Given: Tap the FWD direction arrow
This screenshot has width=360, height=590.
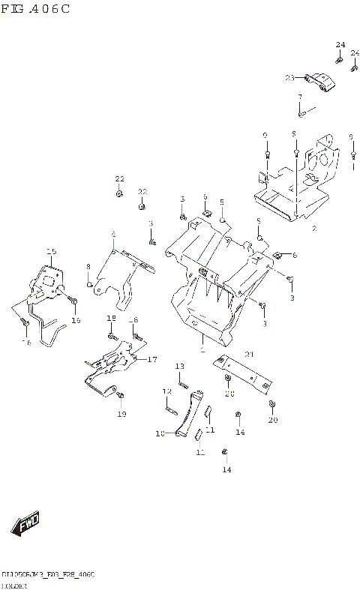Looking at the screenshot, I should tap(25, 523).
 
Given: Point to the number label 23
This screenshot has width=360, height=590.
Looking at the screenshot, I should tap(289, 77).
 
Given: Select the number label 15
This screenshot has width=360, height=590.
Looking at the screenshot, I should tap(51, 251).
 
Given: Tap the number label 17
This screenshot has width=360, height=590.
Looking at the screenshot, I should tap(152, 359).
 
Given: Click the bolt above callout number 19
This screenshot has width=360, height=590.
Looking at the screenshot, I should tap(122, 396).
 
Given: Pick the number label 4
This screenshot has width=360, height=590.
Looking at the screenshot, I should tap(113, 234).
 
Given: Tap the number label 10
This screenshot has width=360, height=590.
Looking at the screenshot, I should tap(159, 433).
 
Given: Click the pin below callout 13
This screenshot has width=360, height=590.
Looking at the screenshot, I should tap(182, 378).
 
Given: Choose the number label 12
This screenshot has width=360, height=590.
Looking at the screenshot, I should tap(167, 391).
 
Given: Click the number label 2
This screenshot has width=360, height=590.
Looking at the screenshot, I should tap(314, 227).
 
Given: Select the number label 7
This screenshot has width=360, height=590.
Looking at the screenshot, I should tap(299, 97).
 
